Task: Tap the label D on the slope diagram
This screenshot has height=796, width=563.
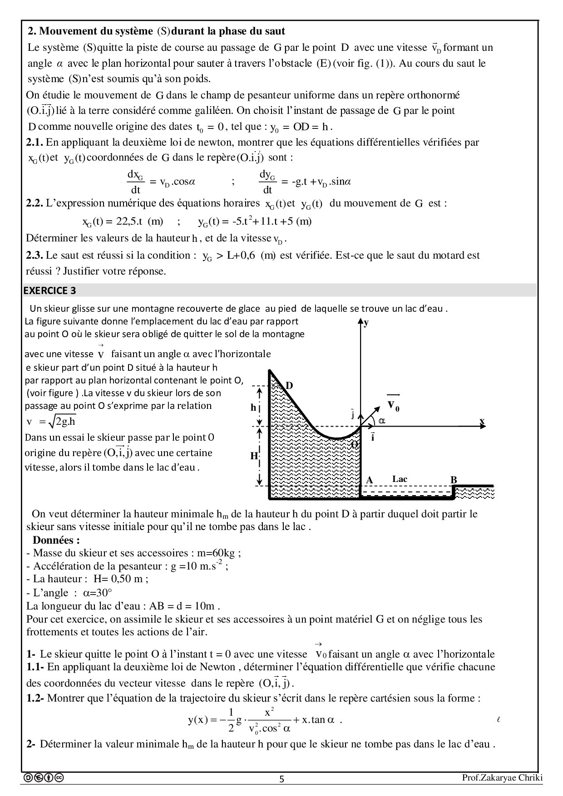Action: point(289,386)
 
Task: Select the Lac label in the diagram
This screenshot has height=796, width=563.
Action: point(400,479)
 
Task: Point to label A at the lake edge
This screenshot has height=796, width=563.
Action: point(369,480)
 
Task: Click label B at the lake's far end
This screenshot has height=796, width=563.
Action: point(453,480)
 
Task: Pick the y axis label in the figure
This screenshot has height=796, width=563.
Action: point(366,323)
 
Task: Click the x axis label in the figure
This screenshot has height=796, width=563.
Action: point(482,421)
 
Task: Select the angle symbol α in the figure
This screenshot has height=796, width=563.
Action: point(382,421)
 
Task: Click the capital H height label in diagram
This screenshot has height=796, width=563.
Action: point(254,456)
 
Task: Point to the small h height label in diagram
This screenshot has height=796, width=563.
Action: point(253,407)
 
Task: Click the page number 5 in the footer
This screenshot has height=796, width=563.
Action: point(281,779)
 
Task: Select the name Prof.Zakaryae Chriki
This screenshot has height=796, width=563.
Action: point(502,778)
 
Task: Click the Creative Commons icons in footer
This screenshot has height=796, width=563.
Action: point(44,778)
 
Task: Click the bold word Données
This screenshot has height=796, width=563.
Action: point(56,540)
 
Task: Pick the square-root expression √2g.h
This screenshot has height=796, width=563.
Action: point(62,422)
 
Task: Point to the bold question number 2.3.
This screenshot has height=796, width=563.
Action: point(35,255)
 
